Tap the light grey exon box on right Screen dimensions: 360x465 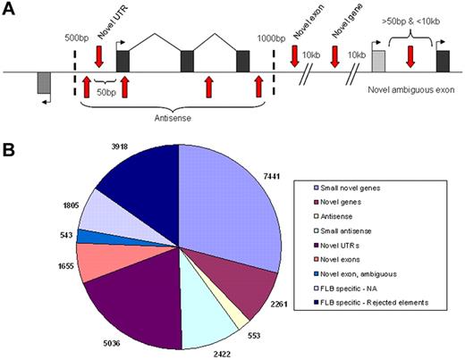pyautogui.click(x=378, y=61)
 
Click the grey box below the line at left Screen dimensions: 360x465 pyautogui.click(x=44, y=82)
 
